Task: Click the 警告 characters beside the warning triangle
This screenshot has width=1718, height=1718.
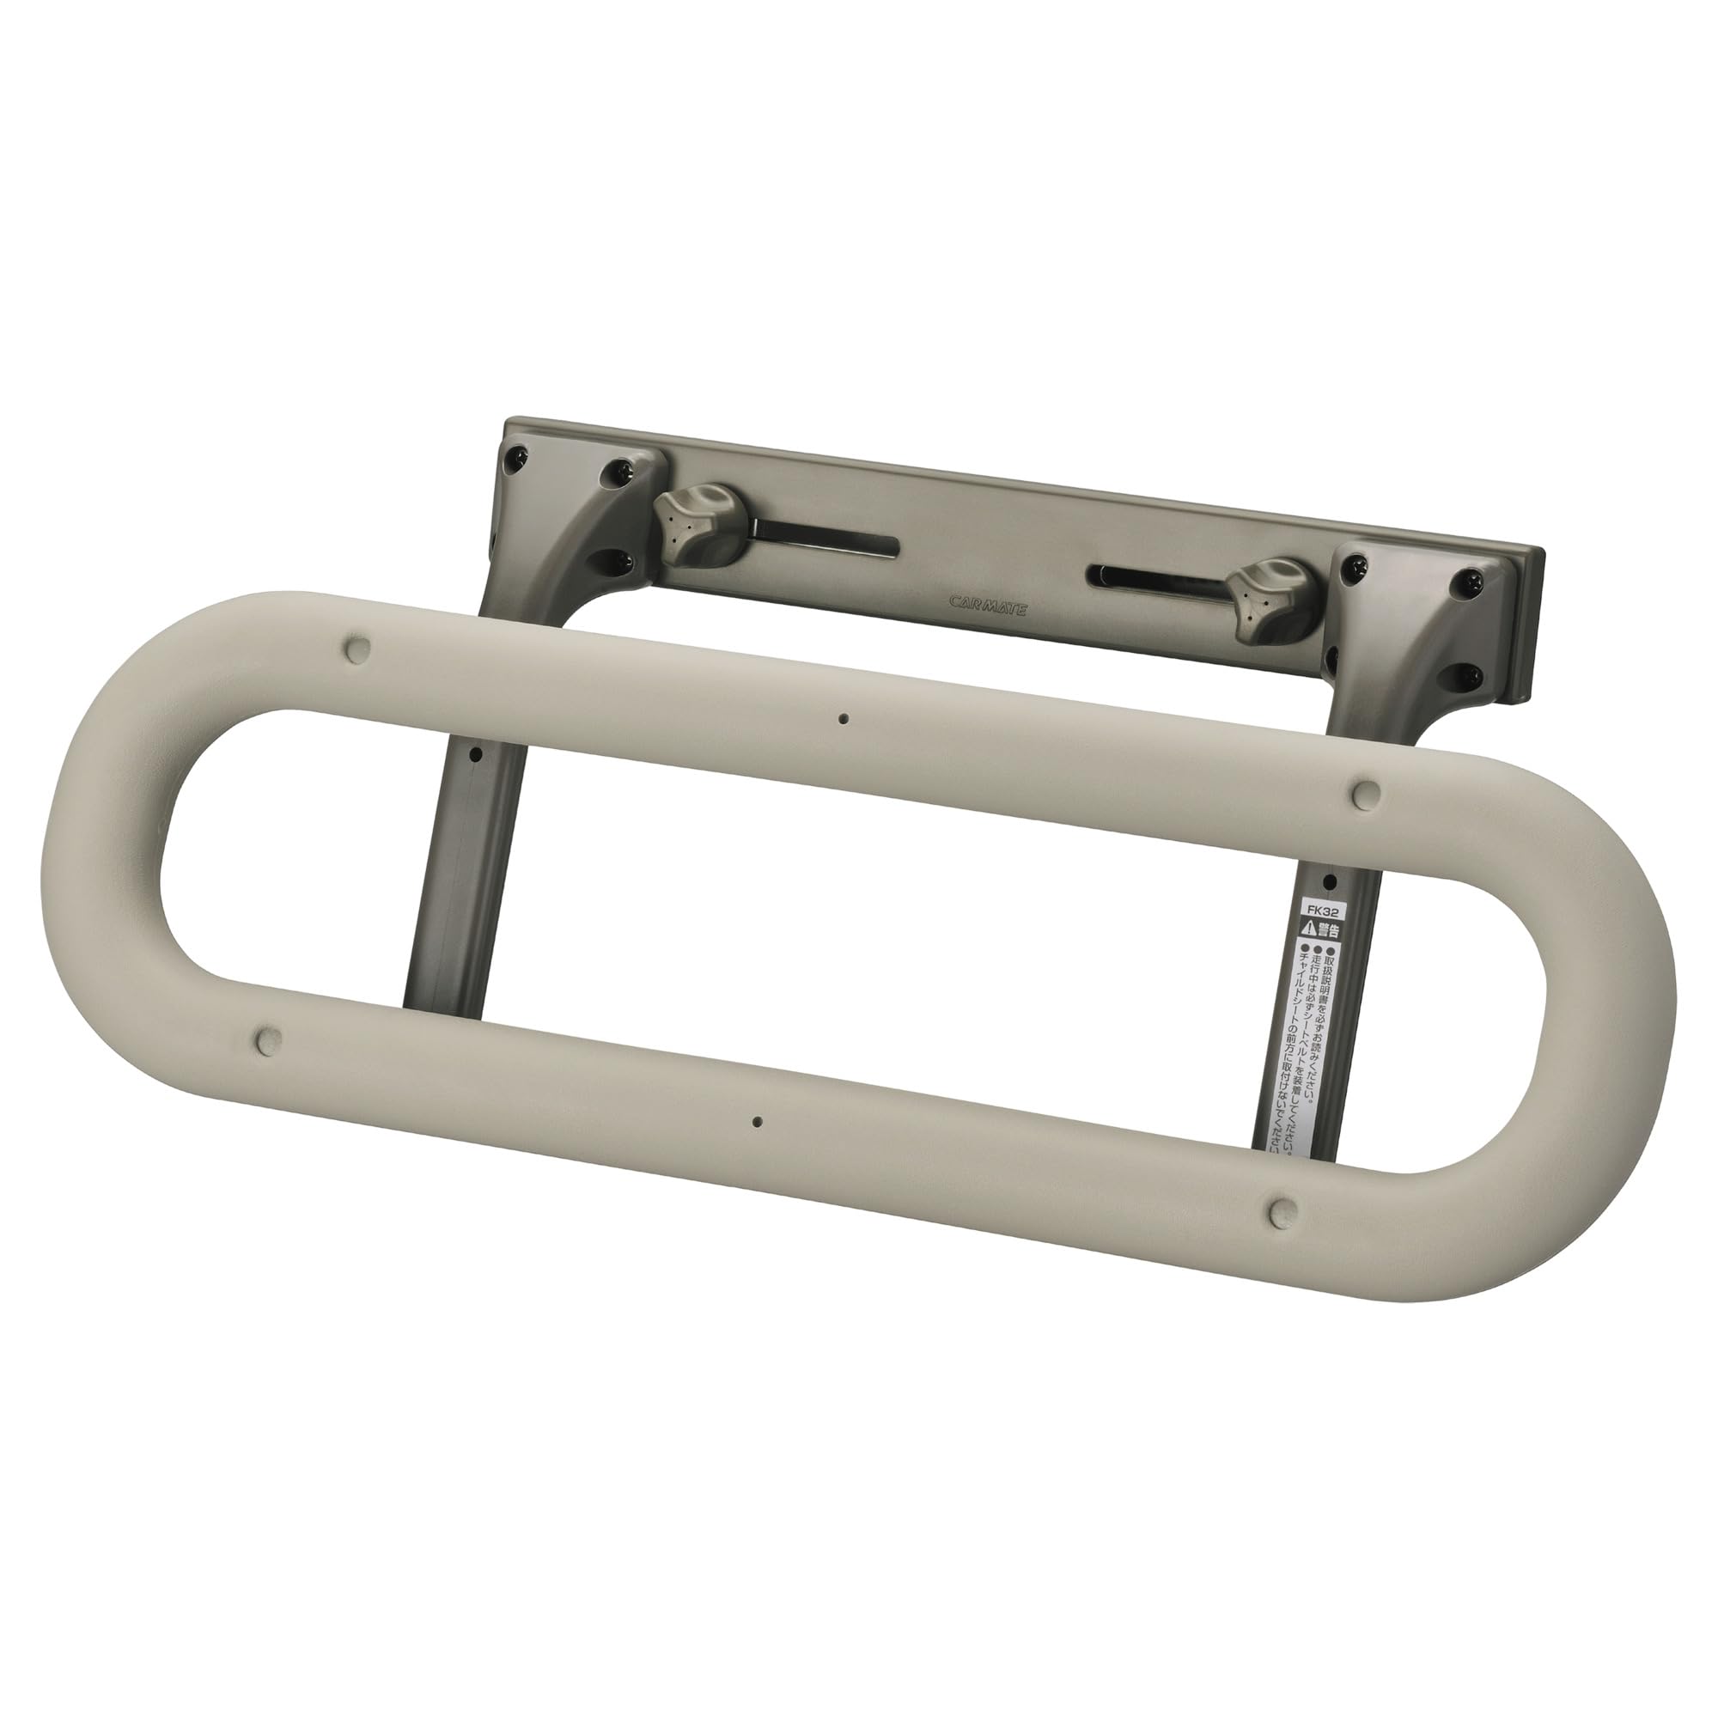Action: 1328,932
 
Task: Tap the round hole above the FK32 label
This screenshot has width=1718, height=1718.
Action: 1331,882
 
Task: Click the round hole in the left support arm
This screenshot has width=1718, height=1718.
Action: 476,755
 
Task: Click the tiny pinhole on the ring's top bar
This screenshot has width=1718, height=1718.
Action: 843,718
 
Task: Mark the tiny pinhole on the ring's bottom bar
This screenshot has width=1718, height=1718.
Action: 758,1122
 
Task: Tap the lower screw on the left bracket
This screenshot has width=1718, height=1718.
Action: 621,561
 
